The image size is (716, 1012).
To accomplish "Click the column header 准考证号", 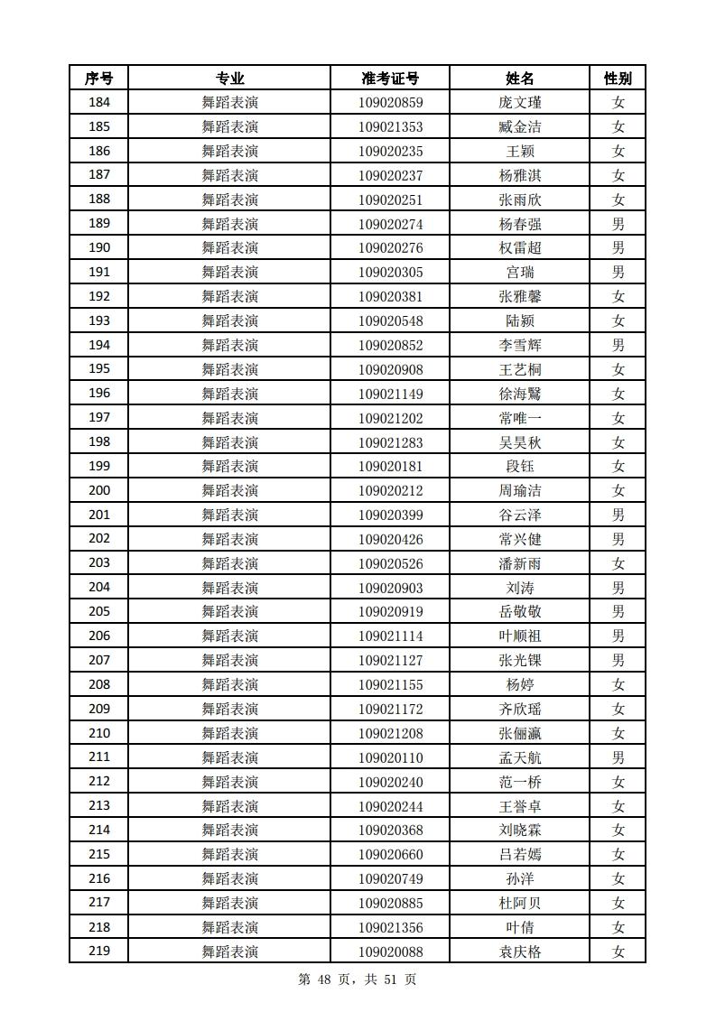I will point(390,79).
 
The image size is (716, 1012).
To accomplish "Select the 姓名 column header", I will point(520,79).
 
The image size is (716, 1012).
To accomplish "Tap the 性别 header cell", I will point(618,79).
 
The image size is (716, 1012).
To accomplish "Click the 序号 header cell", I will point(98,79).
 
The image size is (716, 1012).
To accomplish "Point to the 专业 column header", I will point(229,79).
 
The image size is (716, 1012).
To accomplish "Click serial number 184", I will point(98,103).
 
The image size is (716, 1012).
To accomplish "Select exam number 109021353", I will point(390,127).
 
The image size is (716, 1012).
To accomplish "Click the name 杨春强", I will point(520,224).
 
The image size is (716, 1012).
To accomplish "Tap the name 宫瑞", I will point(520,273).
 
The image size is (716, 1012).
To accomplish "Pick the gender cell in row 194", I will point(618,345).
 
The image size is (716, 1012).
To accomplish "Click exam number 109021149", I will point(390,394).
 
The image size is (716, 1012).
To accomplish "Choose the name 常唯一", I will point(520,418).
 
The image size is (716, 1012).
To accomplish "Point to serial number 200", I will point(98,490).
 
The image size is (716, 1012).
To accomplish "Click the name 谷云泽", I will point(520,515).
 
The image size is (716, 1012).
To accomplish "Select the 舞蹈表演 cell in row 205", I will point(229,612).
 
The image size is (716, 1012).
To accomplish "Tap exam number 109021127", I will point(390,660).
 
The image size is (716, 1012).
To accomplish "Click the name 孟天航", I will point(520,757).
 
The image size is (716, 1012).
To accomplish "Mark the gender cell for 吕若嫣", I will point(618,854).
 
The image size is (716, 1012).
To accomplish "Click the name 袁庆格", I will point(520,952).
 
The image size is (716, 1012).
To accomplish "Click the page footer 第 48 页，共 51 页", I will point(357,980).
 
